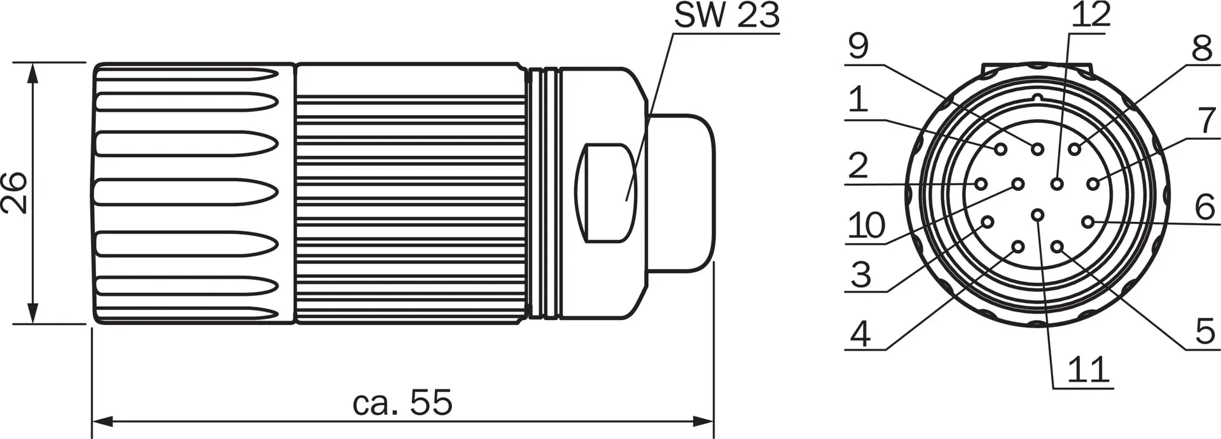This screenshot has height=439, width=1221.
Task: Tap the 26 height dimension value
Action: pos(14,193)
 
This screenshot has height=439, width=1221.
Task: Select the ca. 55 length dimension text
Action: pos(402,401)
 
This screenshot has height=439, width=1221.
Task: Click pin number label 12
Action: pos(1091,14)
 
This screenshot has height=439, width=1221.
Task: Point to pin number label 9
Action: pos(859,46)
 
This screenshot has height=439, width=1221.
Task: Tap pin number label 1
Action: pos(858,100)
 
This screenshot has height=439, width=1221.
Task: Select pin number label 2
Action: pos(858,166)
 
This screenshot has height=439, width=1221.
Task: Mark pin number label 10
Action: pos(867,225)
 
